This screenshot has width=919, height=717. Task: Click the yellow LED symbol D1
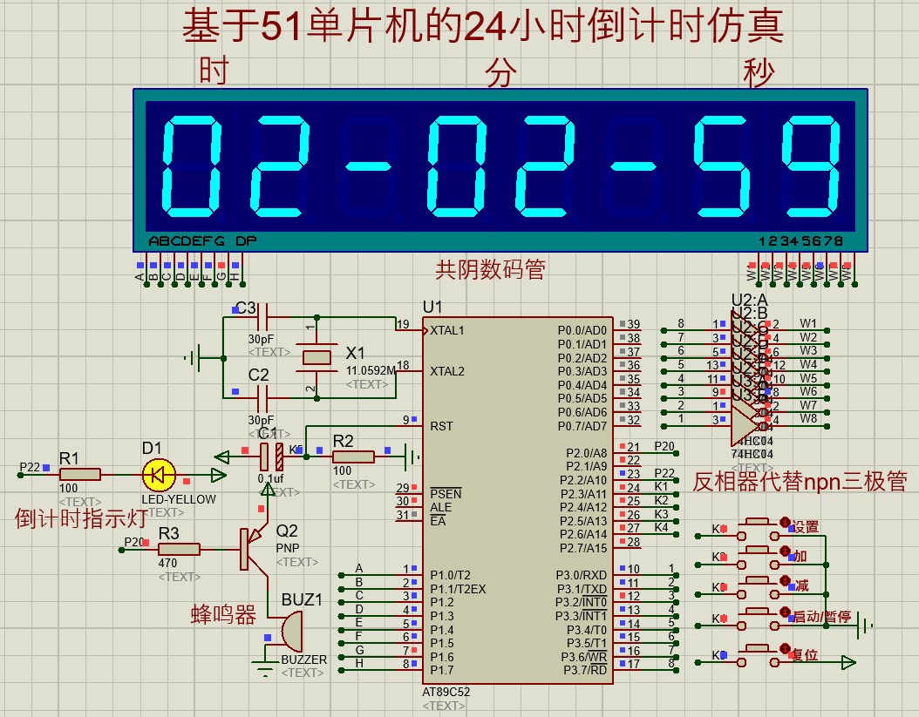pos(159,475)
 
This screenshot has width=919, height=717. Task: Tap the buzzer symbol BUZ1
pos(290,631)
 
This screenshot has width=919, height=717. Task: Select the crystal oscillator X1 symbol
pos(317,356)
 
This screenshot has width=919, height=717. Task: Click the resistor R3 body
pos(180,548)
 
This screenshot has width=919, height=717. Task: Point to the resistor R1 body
pos(80,474)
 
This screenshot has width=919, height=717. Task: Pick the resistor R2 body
pos(353,456)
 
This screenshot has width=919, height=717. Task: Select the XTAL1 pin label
pos(447,331)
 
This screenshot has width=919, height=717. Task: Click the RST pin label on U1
pos(441,426)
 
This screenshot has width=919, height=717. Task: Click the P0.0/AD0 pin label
pos(582,331)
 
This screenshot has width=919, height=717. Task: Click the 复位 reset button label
pos(804,655)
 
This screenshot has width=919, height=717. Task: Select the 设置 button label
pos(806,527)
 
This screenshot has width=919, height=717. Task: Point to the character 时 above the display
pos(214,70)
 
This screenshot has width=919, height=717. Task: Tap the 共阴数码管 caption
pos(491,270)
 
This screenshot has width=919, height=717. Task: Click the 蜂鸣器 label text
pos(223,615)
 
